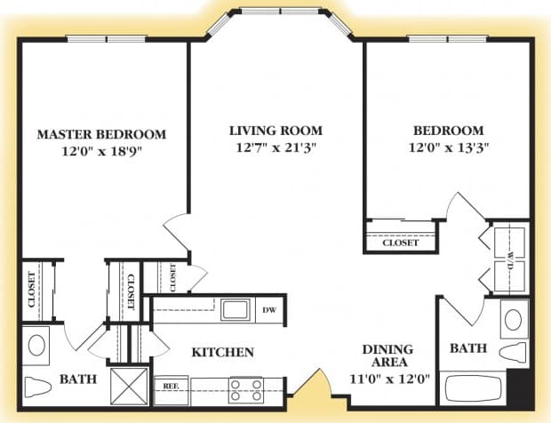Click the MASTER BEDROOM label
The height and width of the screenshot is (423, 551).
pos(101,134)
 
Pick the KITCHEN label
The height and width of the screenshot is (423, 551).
pos(223,352)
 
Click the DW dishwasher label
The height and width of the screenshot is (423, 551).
pos(270,310)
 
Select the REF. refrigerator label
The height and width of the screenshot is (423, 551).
pos(171,387)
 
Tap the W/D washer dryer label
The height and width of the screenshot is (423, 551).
pos(509,259)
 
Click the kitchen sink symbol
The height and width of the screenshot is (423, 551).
pos(236,309)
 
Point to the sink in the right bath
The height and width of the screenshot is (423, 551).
pos(513,318)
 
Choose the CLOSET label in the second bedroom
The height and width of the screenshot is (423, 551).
pos(400,243)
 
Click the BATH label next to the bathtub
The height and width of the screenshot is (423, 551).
pos(467,348)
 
